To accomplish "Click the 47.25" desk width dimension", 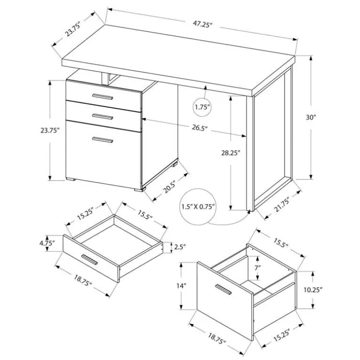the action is [202, 24].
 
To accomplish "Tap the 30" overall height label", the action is [311, 117].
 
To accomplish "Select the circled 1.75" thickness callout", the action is [202, 107].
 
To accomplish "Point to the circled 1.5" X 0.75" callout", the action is [198, 207].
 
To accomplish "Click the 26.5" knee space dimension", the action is [200, 128].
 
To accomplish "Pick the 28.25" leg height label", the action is [230, 153].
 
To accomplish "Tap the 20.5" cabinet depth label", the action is [169, 187].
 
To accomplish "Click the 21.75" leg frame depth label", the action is [281, 204].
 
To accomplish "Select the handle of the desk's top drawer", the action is [102, 97].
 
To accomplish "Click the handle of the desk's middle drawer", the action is [102, 116].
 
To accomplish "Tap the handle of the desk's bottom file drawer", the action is [102, 140].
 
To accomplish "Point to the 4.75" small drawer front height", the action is [47, 244].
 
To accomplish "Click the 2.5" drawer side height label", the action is [180, 247].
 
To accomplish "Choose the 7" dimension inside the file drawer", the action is [258, 267].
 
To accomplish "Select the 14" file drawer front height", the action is [181, 286].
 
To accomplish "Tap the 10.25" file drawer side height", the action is [313, 290].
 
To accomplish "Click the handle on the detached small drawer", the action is [89, 259].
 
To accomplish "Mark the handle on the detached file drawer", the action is [223, 289].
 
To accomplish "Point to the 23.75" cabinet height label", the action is [50, 130].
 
